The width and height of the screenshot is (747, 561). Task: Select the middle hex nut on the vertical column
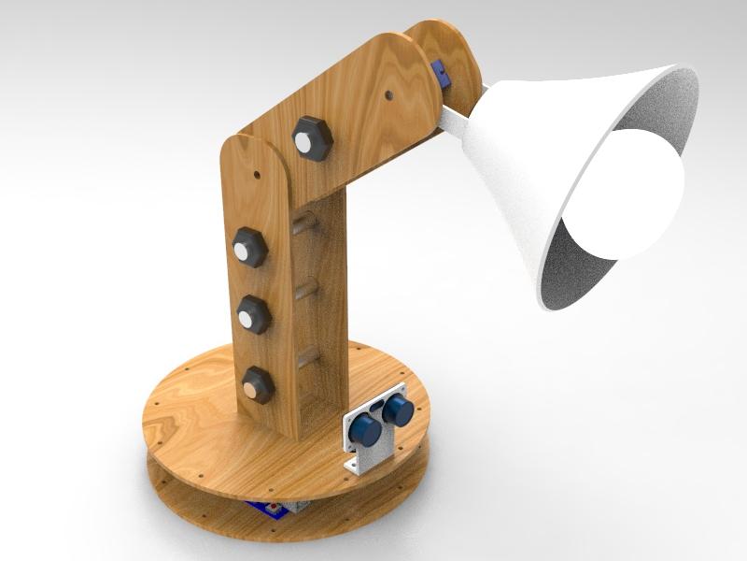(253, 313)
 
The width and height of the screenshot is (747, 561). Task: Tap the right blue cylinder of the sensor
(399, 409)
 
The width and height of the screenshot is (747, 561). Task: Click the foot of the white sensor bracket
(358, 464)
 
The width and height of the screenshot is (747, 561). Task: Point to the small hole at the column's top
(258, 173)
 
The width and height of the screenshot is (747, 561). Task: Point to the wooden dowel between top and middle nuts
(302, 224)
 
